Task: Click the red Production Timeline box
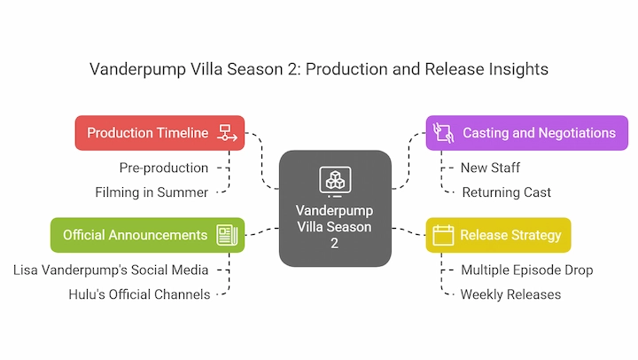click(x=159, y=133)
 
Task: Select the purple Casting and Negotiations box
click(x=527, y=133)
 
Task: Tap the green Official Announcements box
click(x=147, y=235)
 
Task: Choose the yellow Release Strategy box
click(x=498, y=235)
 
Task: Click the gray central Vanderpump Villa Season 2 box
click(x=335, y=208)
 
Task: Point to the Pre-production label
click(x=164, y=168)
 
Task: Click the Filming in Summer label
click(x=152, y=192)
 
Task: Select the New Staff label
click(x=490, y=168)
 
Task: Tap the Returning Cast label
click(x=507, y=192)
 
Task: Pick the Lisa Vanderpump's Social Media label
click(x=111, y=270)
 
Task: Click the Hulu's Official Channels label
click(x=139, y=294)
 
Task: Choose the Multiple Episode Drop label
click(x=527, y=270)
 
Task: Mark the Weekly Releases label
click(x=510, y=294)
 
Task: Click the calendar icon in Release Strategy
click(x=443, y=235)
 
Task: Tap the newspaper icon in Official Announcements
click(x=227, y=235)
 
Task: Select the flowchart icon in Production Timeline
click(x=227, y=133)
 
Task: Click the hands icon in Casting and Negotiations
click(x=443, y=133)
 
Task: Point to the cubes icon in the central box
click(x=335, y=180)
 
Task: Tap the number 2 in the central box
click(x=334, y=243)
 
